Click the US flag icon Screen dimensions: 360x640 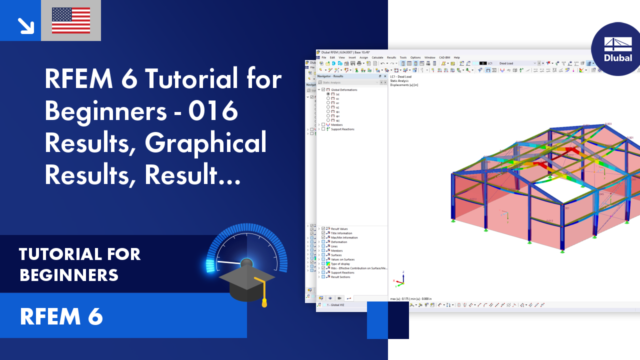pyautogui.click(x=71, y=20)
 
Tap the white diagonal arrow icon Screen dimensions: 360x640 pyautogui.click(x=24, y=25)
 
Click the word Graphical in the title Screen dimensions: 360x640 pyautogui.click(x=206, y=144)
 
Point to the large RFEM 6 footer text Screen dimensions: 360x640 pyautogui.click(x=61, y=316)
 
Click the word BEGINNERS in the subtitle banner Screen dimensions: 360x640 pyautogui.click(x=69, y=274)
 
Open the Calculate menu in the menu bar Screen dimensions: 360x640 pyautogui.click(x=377, y=57)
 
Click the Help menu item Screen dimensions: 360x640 pyautogui.click(x=456, y=57)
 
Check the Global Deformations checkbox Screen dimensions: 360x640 pyautogui.click(x=323, y=89)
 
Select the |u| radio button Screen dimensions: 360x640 pyautogui.click(x=328, y=94)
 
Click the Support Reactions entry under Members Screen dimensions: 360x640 pyautogui.click(x=342, y=129)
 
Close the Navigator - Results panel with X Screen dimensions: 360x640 pyautogui.click(x=384, y=76)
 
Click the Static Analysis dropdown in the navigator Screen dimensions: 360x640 pyautogui.click(x=350, y=82)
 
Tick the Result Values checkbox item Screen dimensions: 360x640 pyautogui.click(x=323, y=228)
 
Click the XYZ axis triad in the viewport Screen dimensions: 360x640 pyautogui.click(x=398, y=281)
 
